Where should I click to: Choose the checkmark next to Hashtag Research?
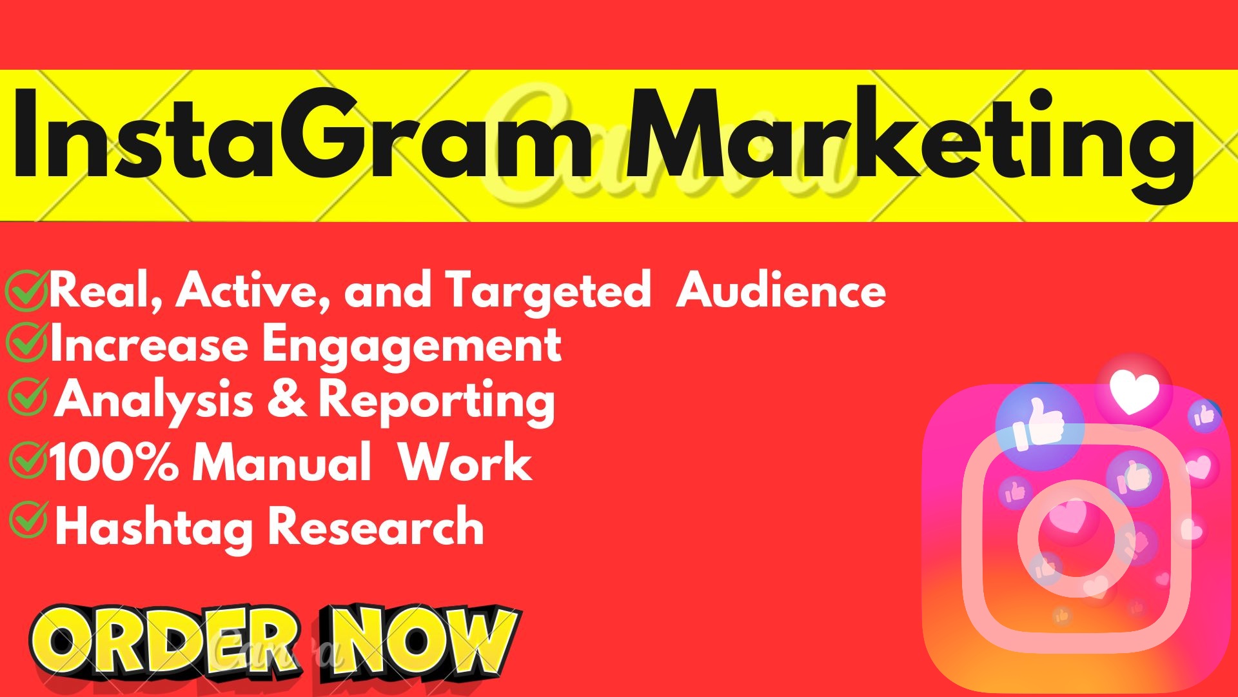point(28,520)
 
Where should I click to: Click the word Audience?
point(781,290)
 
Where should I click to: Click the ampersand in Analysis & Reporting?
point(286,398)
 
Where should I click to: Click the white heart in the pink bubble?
point(1134,392)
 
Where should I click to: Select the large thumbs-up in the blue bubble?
point(1039,423)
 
